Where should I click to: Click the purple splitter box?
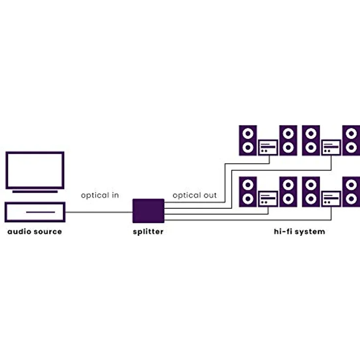(x=148, y=211)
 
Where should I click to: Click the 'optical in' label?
(x=100, y=195)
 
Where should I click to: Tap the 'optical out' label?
(x=194, y=195)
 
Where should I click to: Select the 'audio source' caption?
(x=35, y=231)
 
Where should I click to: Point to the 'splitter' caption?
(x=148, y=231)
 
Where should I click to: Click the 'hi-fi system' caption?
(x=299, y=231)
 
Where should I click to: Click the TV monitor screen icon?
(x=35, y=170)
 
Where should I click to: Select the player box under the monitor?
(x=35, y=212)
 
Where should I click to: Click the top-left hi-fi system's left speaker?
(x=248, y=140)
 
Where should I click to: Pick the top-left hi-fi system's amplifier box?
(x=268, y=147)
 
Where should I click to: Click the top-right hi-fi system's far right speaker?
(x=351, y=140)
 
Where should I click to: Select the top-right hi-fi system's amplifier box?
(x=331, y=147)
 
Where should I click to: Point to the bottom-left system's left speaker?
(x=248, y=192)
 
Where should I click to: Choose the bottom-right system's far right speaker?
(x=351, y=192)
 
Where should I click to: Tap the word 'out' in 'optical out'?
(x=210, y=195)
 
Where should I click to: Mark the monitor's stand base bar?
(x=35, y=192)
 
